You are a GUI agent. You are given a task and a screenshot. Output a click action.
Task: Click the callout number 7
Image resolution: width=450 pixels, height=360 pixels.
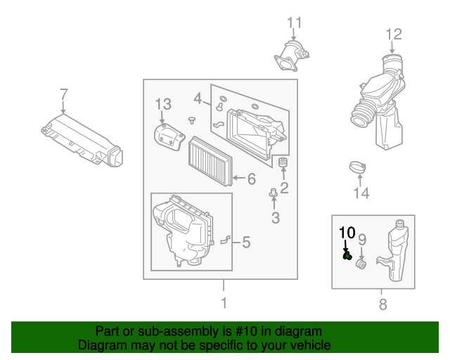click(x=64, y=94)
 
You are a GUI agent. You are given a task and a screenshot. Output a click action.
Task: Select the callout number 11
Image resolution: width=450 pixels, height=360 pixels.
click(x=295, y=22)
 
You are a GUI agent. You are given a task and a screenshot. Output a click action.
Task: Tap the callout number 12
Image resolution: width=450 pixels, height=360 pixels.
click(x=394, y=34)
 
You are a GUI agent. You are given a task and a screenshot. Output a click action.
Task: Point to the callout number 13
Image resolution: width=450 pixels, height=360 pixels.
click(x=163, y=104)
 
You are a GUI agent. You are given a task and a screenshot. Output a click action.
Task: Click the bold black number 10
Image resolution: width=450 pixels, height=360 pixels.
click(x=347, y=233)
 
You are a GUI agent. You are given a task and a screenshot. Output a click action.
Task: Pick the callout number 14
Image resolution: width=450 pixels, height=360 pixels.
click(x=361, y=193)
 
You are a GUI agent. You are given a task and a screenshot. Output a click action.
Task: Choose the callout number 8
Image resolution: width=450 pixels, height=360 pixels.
click(x=383, y=304)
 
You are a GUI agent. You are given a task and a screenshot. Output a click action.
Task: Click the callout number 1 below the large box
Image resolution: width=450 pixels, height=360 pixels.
click(x=224, y=303)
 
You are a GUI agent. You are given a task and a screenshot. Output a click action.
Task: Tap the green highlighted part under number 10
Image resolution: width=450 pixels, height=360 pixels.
click(x=347, y=255)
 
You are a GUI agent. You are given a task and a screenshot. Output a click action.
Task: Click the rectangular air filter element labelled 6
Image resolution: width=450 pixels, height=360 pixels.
click(x=210, y=161)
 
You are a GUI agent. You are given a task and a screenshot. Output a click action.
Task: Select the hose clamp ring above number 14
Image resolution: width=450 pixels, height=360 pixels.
click(x=357, y=167)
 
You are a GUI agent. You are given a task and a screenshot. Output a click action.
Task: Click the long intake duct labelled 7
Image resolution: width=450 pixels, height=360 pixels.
click(x=82, y=141)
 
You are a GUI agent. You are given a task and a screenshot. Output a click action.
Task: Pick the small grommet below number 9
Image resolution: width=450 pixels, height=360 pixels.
click(x=361, y=264)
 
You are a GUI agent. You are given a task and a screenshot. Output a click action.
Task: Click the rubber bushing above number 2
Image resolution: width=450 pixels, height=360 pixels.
click(x=283, y=162)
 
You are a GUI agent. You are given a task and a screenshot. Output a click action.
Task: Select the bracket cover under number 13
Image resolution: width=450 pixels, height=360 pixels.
click(x=169, y=136)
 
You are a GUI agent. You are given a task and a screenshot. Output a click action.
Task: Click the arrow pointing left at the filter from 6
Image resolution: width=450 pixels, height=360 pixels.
click(x=239, y=178)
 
